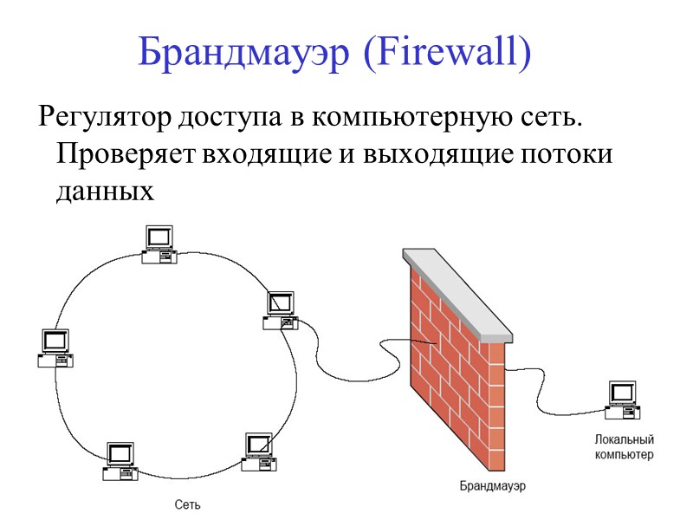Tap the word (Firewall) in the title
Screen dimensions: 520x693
(445, 54)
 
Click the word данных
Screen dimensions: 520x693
(104, 192)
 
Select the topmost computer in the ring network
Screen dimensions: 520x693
(159, 243)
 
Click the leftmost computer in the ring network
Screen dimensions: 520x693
(54, 347)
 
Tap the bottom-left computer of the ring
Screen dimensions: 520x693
(120, 460)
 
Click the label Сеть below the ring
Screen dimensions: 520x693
(188, 504)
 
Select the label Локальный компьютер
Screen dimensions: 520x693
(624, 447)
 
